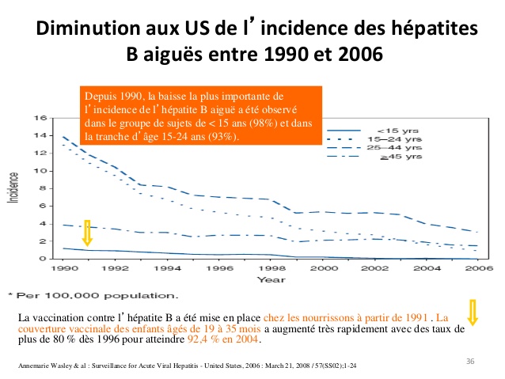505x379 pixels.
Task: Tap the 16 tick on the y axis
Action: click(39, 118)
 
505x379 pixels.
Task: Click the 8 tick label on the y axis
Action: click(41, 188)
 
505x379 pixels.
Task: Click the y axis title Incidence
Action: click(13, 188)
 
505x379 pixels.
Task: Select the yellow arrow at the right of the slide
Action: click(473, 313)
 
